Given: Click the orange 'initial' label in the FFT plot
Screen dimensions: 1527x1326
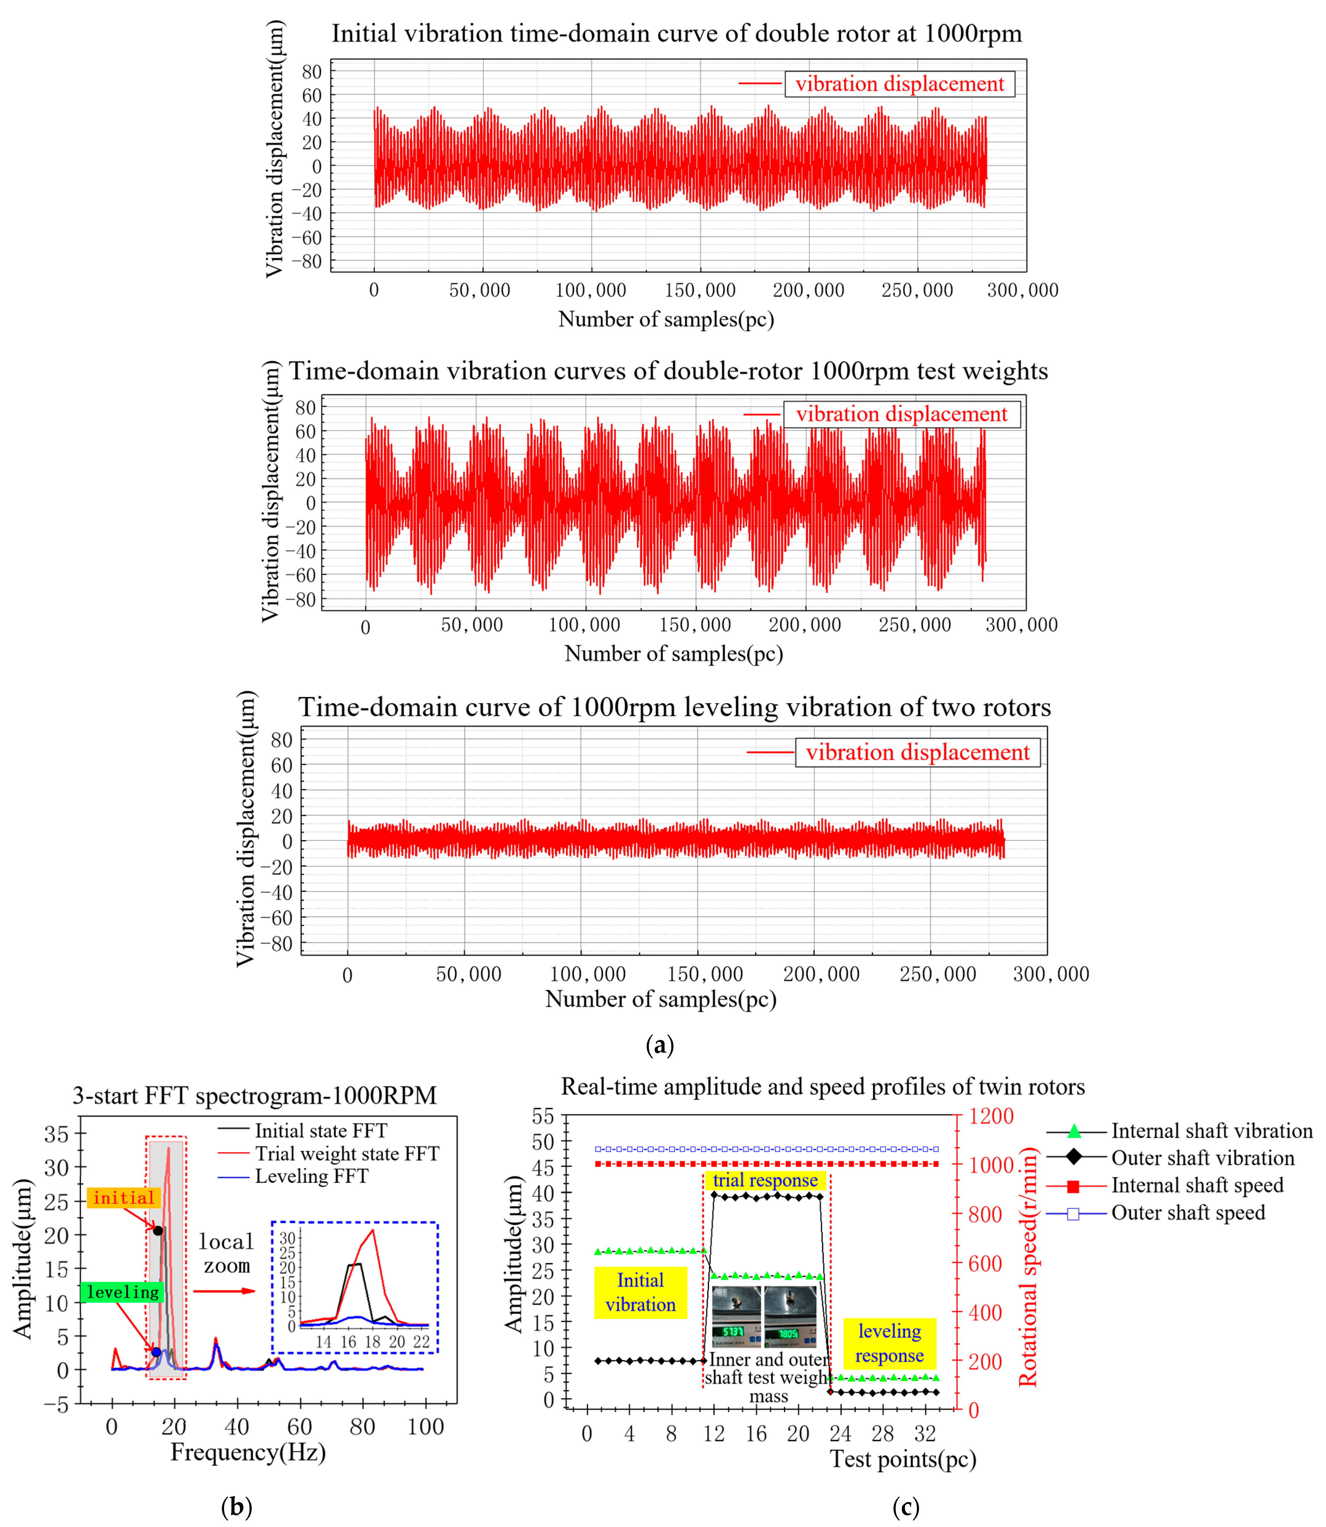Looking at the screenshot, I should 124,1198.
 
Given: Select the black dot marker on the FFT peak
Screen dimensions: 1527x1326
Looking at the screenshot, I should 157,1230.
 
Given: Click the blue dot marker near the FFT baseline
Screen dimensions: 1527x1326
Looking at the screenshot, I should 156,1352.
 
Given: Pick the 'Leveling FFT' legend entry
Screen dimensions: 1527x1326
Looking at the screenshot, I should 311,1176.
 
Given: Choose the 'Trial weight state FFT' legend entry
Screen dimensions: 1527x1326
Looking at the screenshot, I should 346,1153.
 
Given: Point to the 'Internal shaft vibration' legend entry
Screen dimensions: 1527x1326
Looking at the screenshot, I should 1211,1131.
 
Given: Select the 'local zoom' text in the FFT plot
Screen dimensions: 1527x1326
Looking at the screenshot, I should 227,1253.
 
